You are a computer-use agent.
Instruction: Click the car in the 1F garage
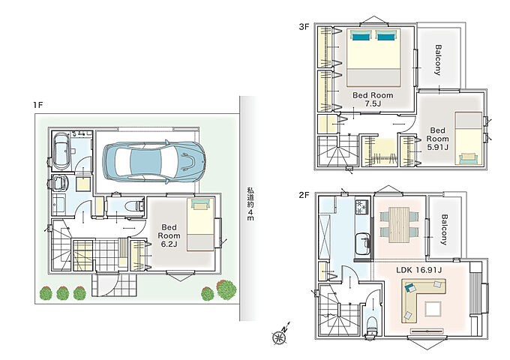[x=154, y=161]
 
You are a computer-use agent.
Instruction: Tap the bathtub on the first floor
[x=61, y=151]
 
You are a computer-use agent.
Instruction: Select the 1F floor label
[x=37, y=105]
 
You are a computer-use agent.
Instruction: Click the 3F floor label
[x=304, y=27]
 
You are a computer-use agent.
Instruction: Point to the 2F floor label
[x=304, y=195]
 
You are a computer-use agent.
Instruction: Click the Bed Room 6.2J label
[x=169, y=235]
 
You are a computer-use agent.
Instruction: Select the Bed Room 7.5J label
[x=373, y=99]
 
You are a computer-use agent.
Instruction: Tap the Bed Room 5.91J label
[x=437, y=139]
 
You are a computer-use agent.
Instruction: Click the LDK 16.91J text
[x=419, y=269]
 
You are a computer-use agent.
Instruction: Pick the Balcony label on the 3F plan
[x=439, y=60]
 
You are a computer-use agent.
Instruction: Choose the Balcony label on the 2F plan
[x=444, y=229]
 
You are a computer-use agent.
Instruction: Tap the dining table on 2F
[x=399, y=225]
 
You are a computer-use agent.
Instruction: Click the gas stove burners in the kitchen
[x=363, y=207]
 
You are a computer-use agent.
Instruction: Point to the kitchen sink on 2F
[x=362, y=244]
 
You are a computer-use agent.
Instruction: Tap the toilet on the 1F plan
[x=135, y=205]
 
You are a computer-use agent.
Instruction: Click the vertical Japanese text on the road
[x=250, y=204]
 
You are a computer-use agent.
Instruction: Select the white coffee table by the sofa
[x=433, y=308]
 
